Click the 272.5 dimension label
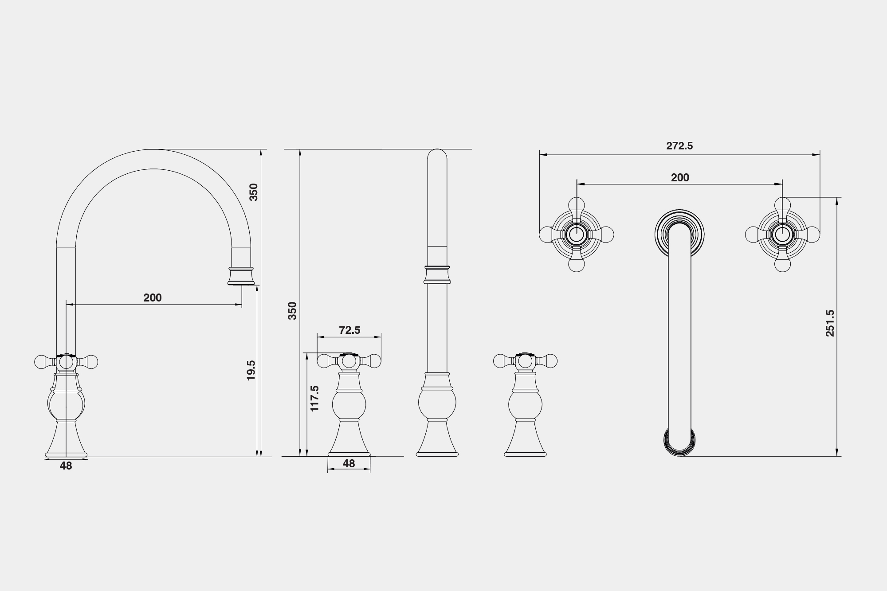(x=679, y=146)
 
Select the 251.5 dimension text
(x=830, y=323)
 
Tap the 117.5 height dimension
(x=314, y=398)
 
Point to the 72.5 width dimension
(x=349, y=330)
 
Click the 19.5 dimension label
(x=251, y=370)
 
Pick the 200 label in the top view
(x=680, y=178)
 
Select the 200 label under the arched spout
(x=153, y=298)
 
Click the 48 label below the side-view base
(x=66, y=466)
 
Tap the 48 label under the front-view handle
(x=349, y=463)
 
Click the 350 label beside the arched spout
(x=253, y=192)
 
